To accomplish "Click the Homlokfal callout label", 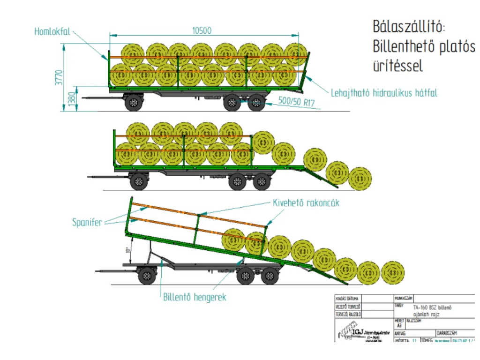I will click(52, 32).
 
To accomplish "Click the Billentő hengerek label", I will click(195, 297).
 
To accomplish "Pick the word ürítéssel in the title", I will click(397, 66).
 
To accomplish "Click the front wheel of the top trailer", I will click(134, 102).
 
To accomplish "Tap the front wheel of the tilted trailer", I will click(147, 276).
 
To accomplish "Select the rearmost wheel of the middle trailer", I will click(262, 182).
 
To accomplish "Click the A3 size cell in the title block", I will click(399, 325).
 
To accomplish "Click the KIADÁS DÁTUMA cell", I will click(347, 298).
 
